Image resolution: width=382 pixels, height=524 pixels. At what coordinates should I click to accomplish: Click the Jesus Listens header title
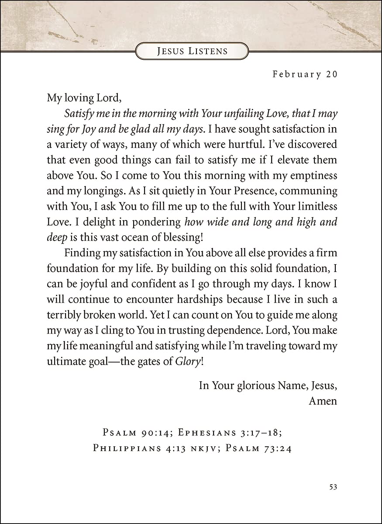pos(192,51)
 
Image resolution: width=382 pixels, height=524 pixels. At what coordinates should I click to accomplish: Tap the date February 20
pos(305,74)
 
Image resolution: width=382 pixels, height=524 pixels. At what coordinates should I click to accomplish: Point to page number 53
pos(333,487)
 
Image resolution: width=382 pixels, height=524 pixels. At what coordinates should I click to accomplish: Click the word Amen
pos(323,401)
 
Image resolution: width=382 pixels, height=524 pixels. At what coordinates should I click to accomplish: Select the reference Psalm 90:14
pos(134,433)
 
